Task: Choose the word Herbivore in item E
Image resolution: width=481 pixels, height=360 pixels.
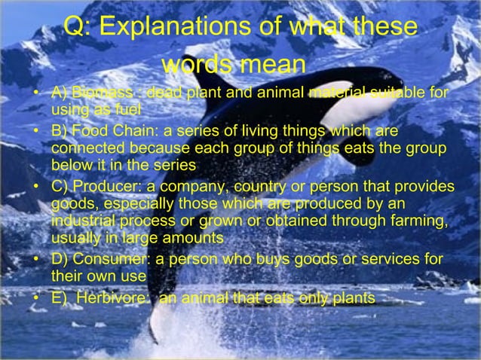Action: tap(112, 298)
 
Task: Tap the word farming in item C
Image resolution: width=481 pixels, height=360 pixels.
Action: tap(418, 221)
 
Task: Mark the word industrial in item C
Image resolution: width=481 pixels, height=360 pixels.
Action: tap(81, 221)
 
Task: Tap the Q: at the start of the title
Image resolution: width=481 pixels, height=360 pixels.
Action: tap(78, 27)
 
